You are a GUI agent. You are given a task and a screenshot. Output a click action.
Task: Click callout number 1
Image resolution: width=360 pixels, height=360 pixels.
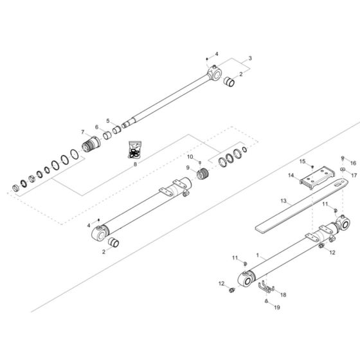(257, 255)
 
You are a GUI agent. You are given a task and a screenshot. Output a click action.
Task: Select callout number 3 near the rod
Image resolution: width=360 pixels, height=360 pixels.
(250, 59)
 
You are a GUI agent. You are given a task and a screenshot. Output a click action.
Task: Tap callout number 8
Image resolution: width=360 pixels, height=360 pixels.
(135, 165)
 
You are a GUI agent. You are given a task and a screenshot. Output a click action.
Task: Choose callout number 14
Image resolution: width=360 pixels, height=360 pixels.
(291, 175)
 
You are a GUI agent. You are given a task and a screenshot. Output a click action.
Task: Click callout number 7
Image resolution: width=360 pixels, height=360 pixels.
(82, 132)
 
